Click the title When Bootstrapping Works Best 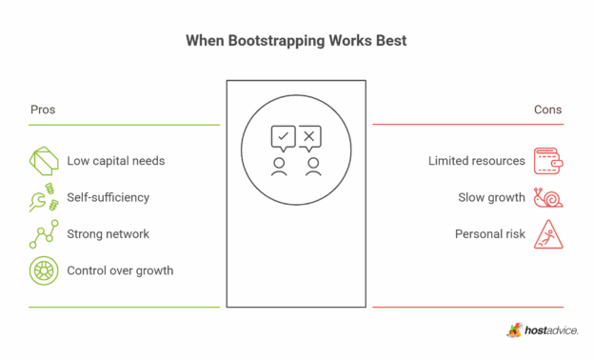click(297, 42)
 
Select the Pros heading click(42, 110)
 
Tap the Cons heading click(547, 110)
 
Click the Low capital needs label click(115, 160)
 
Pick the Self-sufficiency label click(108, 197)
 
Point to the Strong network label click(108, 233)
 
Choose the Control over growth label click(120, 270)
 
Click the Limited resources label click(476, 160)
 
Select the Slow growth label click(491, 197)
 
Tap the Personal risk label click(489, 233)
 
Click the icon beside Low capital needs click(44, 160)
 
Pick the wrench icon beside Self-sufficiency click(44, 198)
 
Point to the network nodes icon click(44, 234)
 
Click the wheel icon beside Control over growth click(44, 270)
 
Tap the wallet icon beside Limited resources click(548, 160)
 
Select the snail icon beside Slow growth click(548, 197)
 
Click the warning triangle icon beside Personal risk click(548, 233)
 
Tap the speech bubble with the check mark click(282, 139)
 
